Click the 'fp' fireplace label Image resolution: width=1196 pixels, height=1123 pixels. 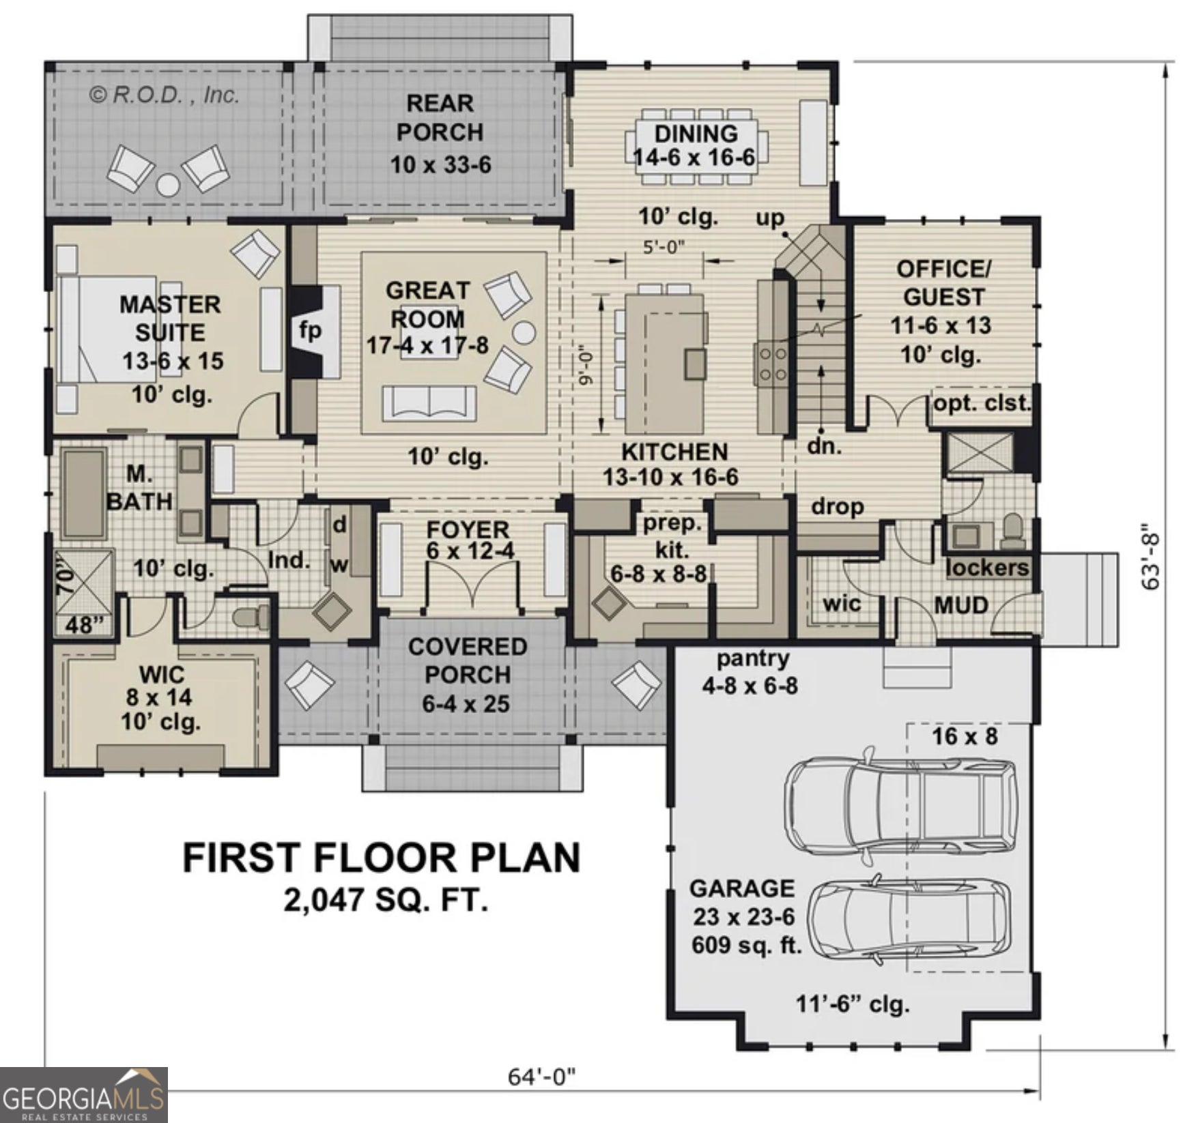310,331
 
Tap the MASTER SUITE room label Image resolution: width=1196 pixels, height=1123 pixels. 171,319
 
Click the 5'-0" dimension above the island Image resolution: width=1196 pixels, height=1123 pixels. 664,247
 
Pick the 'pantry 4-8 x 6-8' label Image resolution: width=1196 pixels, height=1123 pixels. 751,673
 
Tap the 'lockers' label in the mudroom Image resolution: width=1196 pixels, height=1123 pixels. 987,568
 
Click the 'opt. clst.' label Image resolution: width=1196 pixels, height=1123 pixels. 982,403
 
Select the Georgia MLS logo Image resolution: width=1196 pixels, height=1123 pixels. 83,1095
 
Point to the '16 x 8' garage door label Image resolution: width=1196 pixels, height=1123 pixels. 965,736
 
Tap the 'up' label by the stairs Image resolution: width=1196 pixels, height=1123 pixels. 770,218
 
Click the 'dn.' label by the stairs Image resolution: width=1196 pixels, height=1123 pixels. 824,446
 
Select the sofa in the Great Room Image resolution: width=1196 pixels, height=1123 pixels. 429,403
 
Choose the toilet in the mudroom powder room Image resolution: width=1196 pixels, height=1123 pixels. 1013,531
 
